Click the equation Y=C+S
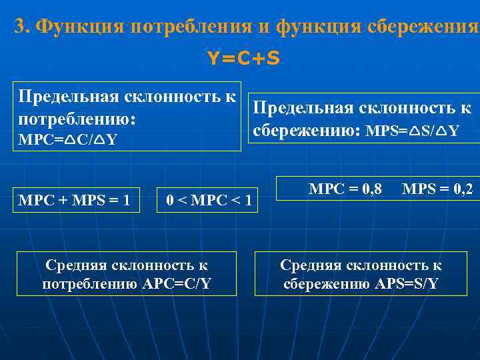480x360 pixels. [243, 59]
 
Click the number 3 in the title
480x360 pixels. [20, 26]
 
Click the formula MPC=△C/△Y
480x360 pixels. [68, 140]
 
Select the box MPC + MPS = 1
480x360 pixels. [75, 200]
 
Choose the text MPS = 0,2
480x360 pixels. [437, 189]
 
